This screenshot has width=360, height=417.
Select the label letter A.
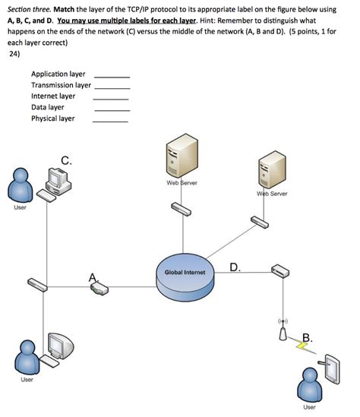pyautogui.click(x=93, y=278)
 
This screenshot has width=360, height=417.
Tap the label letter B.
pyautogui.click(x=306, y=336)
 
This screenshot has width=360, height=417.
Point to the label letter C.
pyautogui.click(x=68, y=160)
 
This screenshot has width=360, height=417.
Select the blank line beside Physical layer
pyautogui.click(x=111, y=122)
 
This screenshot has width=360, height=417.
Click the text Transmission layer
pyautogui.click(x=61, y=85)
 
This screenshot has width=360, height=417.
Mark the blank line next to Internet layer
pyautogui.click(x=111, y=100)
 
